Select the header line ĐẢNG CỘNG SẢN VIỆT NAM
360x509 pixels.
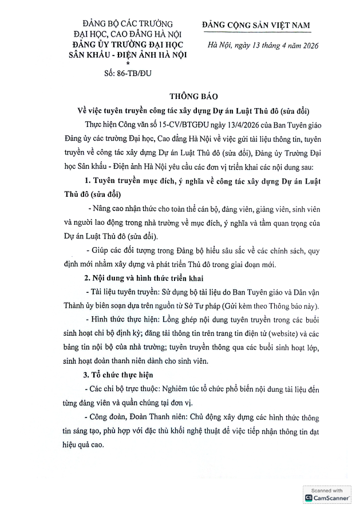(256, 25)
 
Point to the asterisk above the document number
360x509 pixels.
(128, 63)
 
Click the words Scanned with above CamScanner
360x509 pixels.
(327, 490)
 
